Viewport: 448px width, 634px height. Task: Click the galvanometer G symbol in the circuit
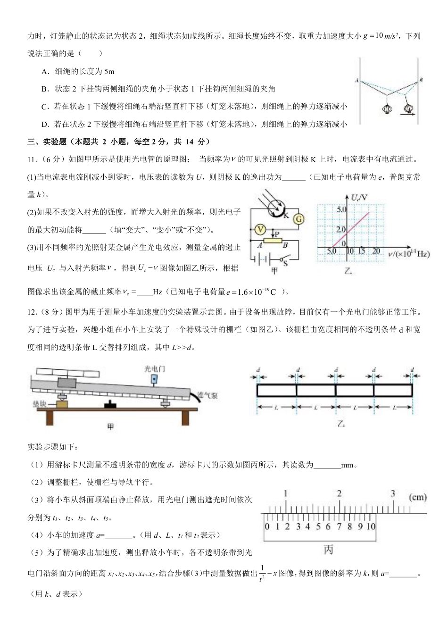[298, 218]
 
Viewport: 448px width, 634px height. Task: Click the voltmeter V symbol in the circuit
[259, 229]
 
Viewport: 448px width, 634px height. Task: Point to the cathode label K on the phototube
[286, 215]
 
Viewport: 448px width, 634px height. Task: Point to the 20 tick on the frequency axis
[376, 251]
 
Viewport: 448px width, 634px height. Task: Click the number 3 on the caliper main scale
[393, 494]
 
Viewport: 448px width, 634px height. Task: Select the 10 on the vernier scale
[371, 526]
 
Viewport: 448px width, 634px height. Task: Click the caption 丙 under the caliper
[328, 550]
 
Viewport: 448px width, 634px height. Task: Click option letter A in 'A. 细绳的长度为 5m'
[44, 72]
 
